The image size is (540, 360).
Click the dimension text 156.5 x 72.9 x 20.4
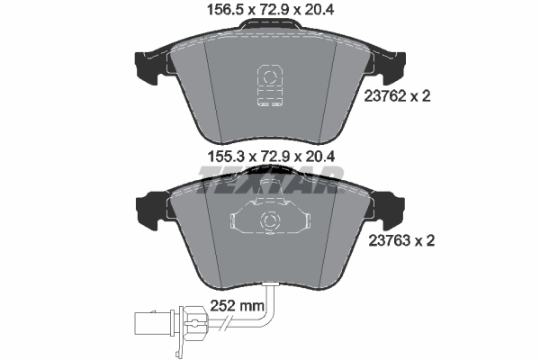[271, 12]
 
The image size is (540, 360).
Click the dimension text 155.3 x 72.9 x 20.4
[269, 156]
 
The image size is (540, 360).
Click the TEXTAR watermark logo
[269, 184]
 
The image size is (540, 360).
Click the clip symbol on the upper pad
[268, 85]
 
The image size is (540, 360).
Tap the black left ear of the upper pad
[144, 64]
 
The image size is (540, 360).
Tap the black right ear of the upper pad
[393, 64]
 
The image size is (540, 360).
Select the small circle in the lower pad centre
[268, 220]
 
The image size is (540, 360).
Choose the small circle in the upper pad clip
[268, 73]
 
